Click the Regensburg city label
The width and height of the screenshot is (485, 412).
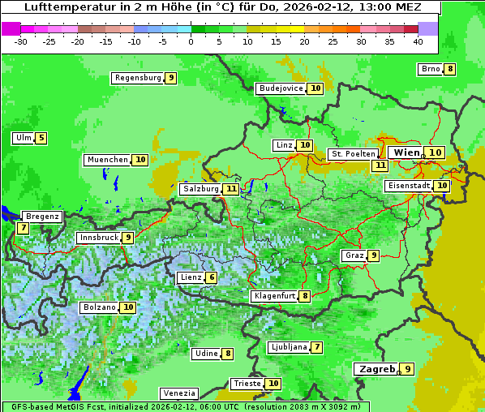coord(137,78)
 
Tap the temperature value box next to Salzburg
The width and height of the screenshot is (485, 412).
coord(232,189)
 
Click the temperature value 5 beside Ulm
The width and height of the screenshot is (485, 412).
coord(41,138)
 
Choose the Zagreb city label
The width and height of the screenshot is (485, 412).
coord(376,369)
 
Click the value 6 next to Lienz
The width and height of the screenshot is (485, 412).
coord(212,277)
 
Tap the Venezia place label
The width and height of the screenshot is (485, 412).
coord(178,393)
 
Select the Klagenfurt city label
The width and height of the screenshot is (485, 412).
coord(273,296)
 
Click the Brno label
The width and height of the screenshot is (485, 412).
coord(430,69)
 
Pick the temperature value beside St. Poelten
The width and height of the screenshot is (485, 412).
coord(380,165)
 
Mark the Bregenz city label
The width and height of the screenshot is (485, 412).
coord(41,217)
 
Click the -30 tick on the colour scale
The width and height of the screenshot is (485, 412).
coord(21,41)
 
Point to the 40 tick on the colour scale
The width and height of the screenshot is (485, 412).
coord(418,41)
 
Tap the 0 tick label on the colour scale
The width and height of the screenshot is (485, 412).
coord(191,41)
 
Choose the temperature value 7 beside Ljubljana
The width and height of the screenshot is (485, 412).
coord(317,347)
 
